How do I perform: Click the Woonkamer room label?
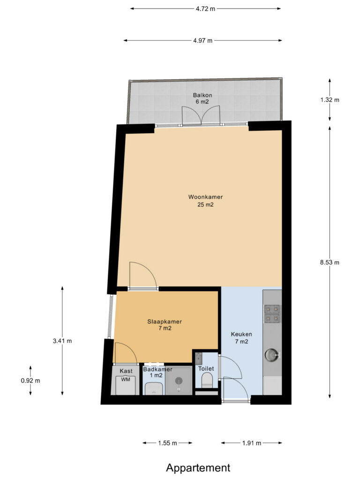coord(205,197)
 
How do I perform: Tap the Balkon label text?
coord(202,95)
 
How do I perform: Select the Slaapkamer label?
coord(165,322)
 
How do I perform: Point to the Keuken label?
coord(241,334)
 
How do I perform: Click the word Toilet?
coord(206,368)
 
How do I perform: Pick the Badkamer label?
coord(157,369)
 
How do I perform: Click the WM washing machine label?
coord(126,379)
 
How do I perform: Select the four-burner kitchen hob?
coord(272,314)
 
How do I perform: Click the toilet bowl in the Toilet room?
coord(207,380)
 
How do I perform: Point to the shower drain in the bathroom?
coord(179,381)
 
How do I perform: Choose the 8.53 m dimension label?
coord(330,262)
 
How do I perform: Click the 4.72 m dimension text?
coord(205,8)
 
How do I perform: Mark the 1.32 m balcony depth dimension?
coord(330,99)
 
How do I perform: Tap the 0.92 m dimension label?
coord(30,381)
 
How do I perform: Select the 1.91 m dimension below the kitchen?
coord(252,442)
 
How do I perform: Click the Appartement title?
coord(198,467)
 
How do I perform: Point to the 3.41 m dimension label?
coord(62,341)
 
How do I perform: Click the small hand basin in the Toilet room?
coord(198,357)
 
